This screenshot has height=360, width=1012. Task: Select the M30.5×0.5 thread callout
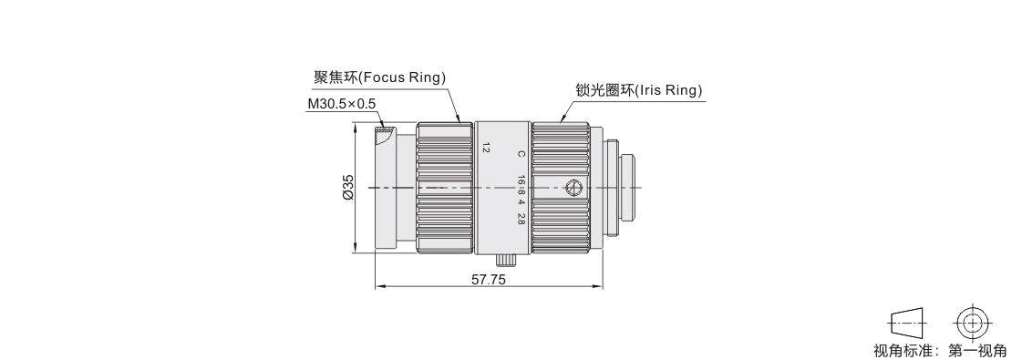point(341,104)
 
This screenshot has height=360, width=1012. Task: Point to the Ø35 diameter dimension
point(348,187)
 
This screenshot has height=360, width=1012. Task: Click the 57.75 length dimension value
point(489,280)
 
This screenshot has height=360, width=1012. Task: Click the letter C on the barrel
point(521,154)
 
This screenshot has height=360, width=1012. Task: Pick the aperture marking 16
point(521,180)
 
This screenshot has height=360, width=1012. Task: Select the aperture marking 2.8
point(521,218)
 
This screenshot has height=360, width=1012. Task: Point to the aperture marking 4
point(521,201)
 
